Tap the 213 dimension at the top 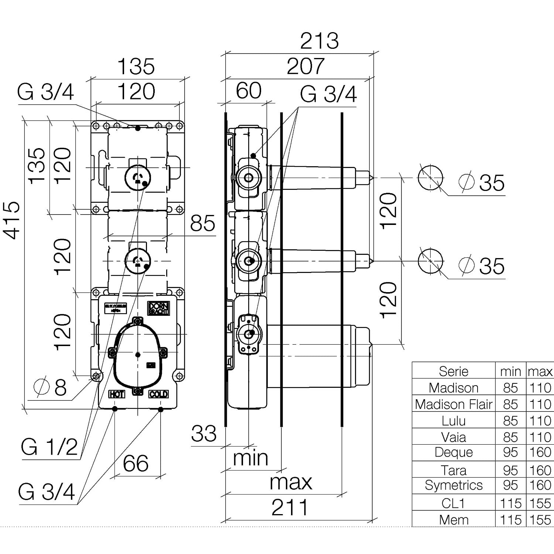tap(319, 41)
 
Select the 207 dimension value tap(305, 66)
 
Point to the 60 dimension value tap(249, 91)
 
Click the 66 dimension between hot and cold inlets tap(136, 463)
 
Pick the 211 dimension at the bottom tap(290, 508)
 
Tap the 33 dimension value tap(204, 433)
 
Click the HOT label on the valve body tap(116, 394)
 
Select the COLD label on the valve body tap(158, 394)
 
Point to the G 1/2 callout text tap(49, 447)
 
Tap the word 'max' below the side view tap(291, 482)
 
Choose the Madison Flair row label tap(454, 404)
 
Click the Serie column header tap(454, 371)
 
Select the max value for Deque tap(540, 452)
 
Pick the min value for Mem tap(510, 520)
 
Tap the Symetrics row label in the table tap(454, 485)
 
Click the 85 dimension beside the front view tap(202, 223)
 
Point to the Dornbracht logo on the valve tap(158, 308)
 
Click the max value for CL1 tap(540, 503)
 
